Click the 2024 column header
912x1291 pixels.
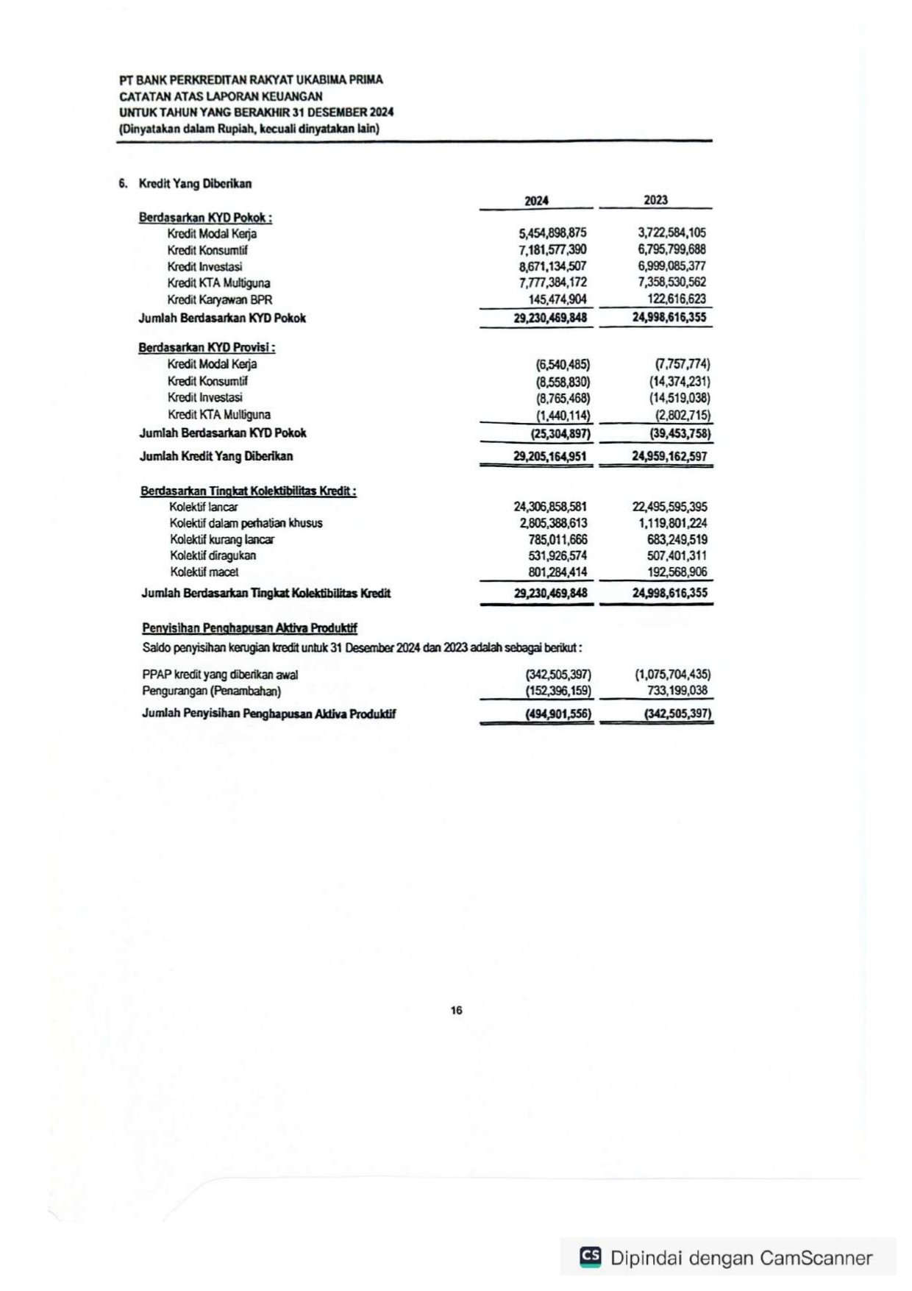point(536,201)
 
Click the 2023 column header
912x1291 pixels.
point(655,200)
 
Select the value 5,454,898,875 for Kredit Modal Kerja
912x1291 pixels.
point(552,233)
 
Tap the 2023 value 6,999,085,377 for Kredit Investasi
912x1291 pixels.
point(671,266)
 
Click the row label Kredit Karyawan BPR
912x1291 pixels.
point(219,299)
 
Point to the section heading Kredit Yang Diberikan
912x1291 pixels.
point(195,184)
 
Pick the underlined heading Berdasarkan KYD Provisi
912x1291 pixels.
point(207,347)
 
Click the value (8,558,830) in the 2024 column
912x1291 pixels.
point(563,382)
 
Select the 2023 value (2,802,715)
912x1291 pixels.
point(683,415)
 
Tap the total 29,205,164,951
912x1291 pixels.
point(550,456)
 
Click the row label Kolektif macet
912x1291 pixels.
point(204,572)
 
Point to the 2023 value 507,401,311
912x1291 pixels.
point(677,555)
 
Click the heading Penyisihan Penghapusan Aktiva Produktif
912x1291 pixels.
point(249,628)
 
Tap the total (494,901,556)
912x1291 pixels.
point(557,714)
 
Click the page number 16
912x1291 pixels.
point(456,1010)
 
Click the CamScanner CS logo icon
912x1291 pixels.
point(590,1256)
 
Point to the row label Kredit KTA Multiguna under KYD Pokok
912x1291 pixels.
point(218,283)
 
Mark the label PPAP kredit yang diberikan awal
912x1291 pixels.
point(220,675)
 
